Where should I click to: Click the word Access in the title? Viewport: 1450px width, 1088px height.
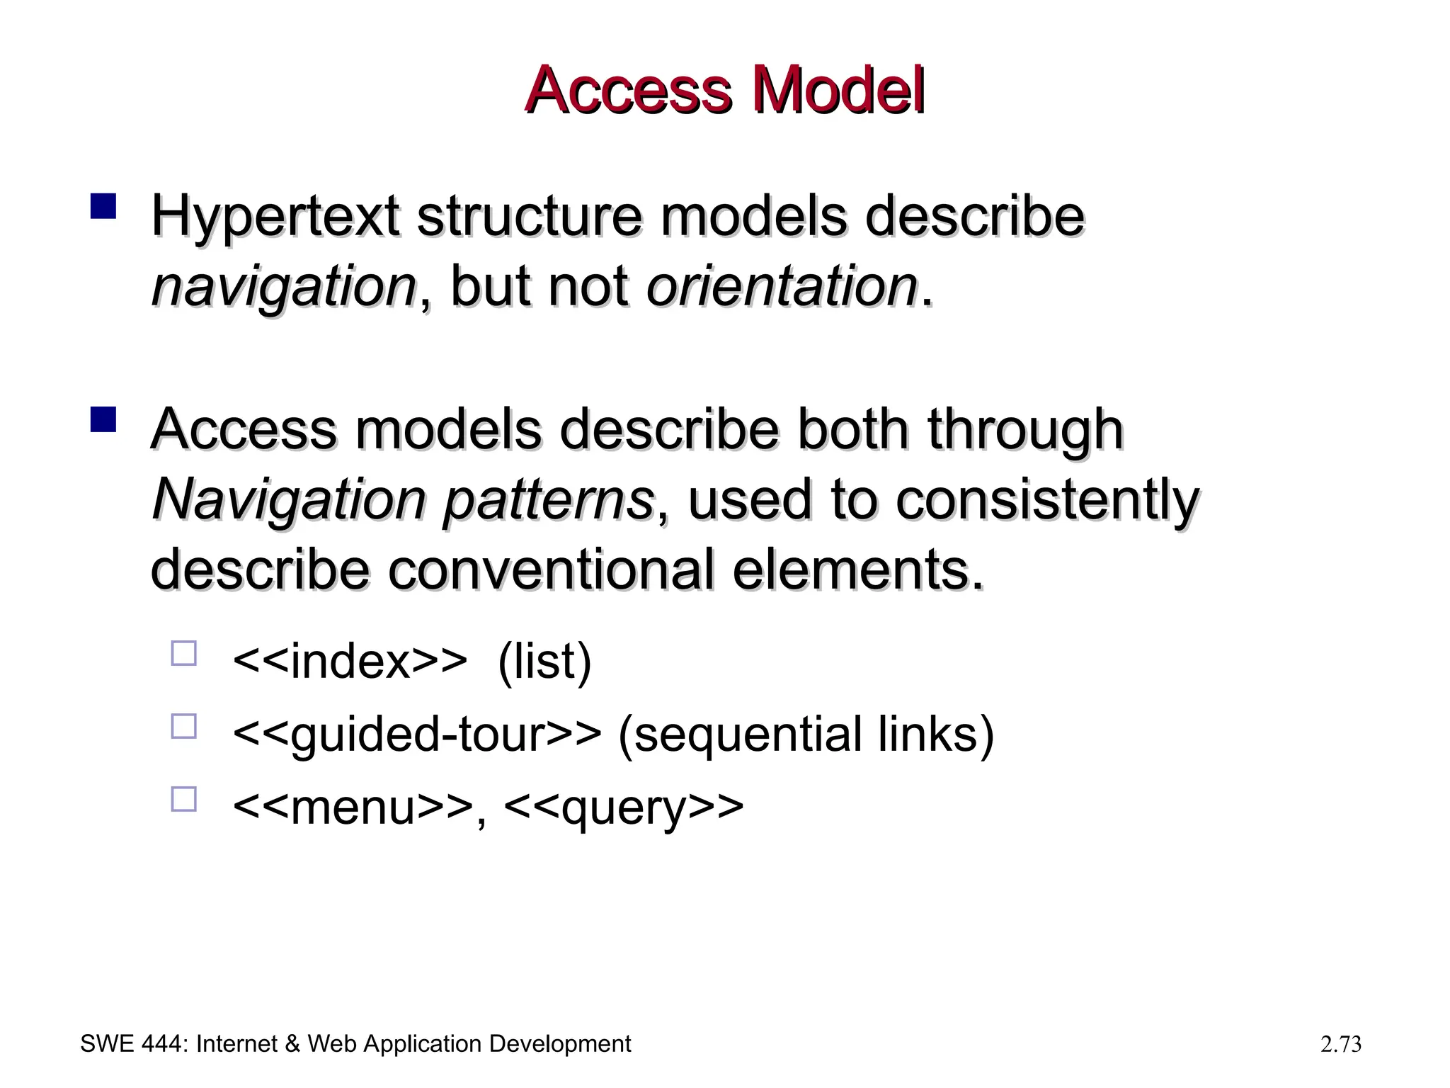coord(627,92)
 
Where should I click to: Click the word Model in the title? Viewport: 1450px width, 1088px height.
coord(838,92)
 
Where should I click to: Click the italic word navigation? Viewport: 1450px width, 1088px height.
coord(283,288)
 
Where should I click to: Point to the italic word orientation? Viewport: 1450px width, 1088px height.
coord(782,286)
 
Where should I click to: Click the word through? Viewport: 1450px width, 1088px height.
coord(1025,431)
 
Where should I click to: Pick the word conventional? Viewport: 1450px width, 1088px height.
coord(551,571)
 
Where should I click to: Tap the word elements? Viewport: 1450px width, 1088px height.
coord(857,571)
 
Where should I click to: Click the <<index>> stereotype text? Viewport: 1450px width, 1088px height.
coord(350,662)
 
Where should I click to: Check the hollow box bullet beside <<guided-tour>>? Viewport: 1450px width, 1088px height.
coord(183,727)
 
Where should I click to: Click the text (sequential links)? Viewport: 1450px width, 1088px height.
coord(806,735)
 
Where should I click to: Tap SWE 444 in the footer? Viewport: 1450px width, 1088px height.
coord(132,1044)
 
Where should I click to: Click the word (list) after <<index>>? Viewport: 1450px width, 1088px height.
coord(544,662)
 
